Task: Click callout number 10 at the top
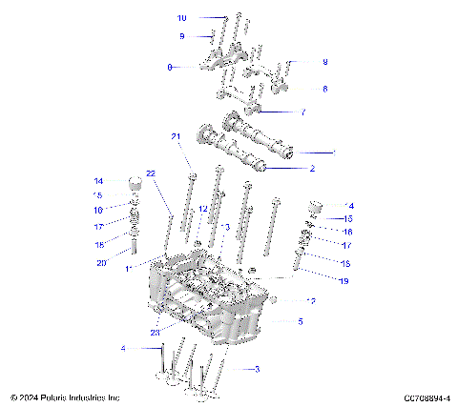pyautogui.click(x=182, y=18)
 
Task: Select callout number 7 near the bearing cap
pyautogui.click(x=303, y=112)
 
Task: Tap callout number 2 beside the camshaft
pyautogui.click(x=311, y=169)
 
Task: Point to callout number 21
pyautogui.click(x=176, y=137)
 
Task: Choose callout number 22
pyautogui.click(x=150, y=173)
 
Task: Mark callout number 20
pyautogui.click(x=101, y=262)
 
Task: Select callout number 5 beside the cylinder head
pyautogui.click(x=300, y=322)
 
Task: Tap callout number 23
pyautogui.click(x=156, y=333)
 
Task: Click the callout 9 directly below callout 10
pyautogui.click(x=181, y=36)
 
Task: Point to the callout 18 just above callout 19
pyautogui.click(x=345, y=262)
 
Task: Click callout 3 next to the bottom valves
pyautogui.click(x=257, y=368)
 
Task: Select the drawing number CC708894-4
pyautogui.click(x=427, y=397)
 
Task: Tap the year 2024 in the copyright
pyautogui.click(x=31, y=397)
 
